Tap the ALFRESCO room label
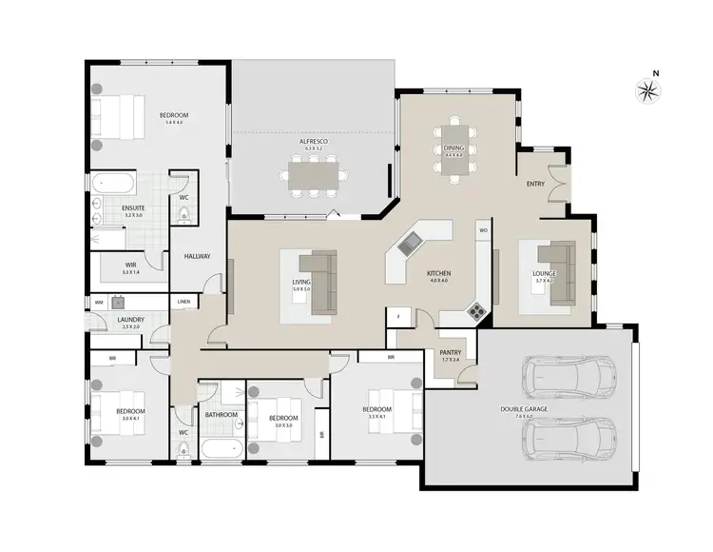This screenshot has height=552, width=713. pyautogui.click(x=314, y=141)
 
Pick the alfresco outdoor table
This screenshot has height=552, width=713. pyautogui.click(x=315, y=175)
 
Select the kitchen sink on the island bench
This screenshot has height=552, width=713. pyautogui.click(x=411, y=244)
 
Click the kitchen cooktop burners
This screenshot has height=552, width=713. pyautogui.click(x=475, y=309)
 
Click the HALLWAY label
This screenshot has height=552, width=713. pyautogui.click(x=197, y=256)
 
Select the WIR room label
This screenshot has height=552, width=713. pyautogui.click(x=131, y=266)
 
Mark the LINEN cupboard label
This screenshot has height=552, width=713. pyautogui.click(x=183, y=303)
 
